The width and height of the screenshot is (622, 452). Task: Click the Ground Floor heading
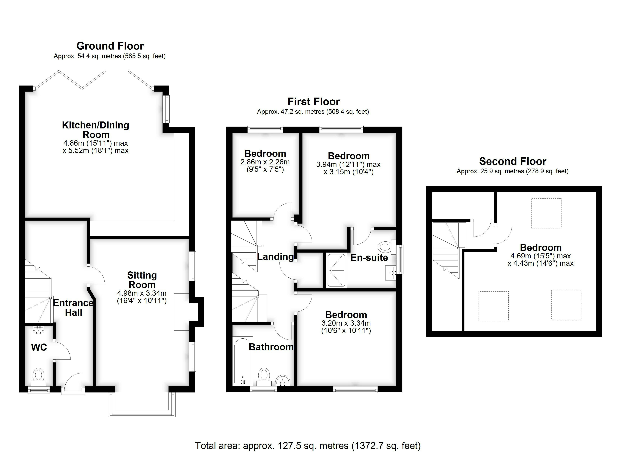point(110,46)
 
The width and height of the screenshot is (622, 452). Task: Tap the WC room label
point(39,347)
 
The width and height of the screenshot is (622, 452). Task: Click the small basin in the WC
point(39,329)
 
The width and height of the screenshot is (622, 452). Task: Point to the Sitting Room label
point(142,280)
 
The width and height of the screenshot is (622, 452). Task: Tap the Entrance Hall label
point(73,308)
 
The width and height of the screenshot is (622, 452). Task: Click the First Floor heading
point(313,102)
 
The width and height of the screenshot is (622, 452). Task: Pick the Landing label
point(275,257)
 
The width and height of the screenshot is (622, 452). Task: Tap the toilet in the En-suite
point(386,246)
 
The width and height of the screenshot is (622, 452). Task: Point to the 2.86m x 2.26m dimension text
point(265,162)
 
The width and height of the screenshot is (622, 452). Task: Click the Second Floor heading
point(512,161)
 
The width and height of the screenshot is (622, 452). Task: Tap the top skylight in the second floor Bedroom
point(546,213)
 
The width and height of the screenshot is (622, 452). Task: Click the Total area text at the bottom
point(308,445)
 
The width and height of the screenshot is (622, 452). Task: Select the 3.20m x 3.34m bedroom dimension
point(346,323)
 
